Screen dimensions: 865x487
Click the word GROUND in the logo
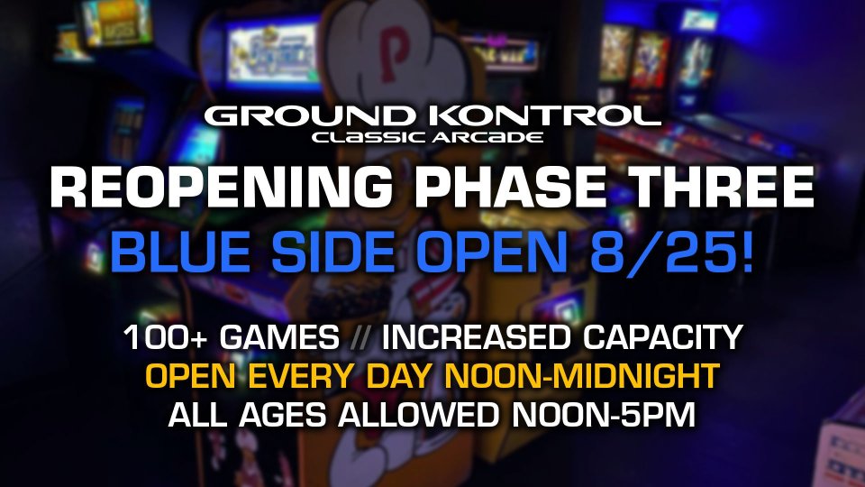tap(309, 116)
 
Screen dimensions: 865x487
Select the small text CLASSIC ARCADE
tap(427, 137)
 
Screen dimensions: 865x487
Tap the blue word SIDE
tap(333, 253)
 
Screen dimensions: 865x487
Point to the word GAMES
tap(279, 337)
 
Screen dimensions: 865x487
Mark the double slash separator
tap(360, 337)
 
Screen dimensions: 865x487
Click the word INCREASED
tap(476, 337)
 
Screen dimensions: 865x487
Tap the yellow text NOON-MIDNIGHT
tap(582, 376)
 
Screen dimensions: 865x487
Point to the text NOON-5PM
tap(604, 415)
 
